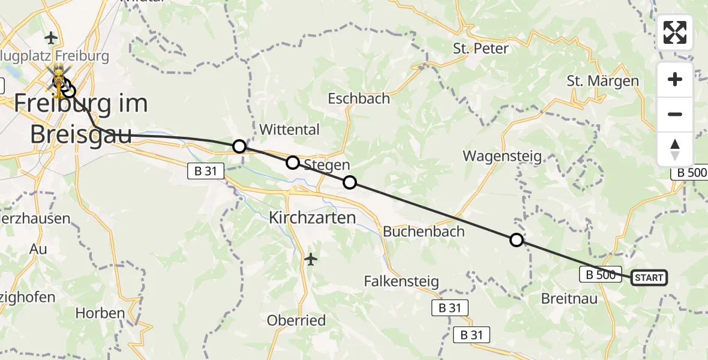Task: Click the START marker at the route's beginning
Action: tap(649, 277)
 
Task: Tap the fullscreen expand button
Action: tap(675, 32)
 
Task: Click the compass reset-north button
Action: tap(675, 149)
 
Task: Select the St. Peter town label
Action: tap(481, 49)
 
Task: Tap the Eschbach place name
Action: tap(359, 98)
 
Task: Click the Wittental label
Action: tap(289, 130)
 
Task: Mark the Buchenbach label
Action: tap(424, 231)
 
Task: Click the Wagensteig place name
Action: tap(502, 156)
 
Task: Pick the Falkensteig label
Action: tap(402, 281)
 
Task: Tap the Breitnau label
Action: tap(569, 298)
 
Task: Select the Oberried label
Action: tap(296, 320)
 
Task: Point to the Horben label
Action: tap(100, 313)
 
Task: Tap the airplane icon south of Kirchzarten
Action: tap(310, 259)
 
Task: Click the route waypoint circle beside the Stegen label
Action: tap(292, 162)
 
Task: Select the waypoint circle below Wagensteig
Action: tap(516, 241)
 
